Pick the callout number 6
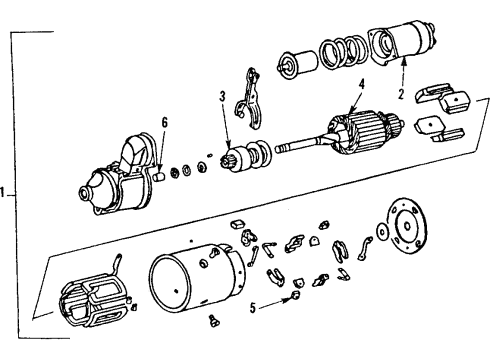166,125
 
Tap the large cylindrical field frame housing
196,283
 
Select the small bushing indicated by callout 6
158,176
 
